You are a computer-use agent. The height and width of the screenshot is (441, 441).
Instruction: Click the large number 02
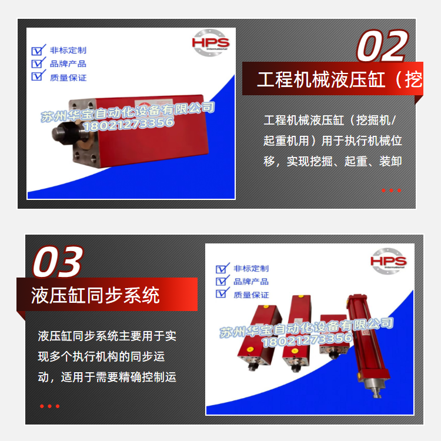click(383, 46)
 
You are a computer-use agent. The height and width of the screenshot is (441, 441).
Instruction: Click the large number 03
click(58, 262)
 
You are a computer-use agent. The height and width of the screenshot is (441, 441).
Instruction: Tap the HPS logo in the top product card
click(211, 43)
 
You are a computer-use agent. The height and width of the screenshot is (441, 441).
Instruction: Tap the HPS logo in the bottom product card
click(389, 261)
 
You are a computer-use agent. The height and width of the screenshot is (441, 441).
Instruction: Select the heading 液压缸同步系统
click(95, 295)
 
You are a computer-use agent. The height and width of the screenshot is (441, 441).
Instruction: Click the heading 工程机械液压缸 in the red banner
click(321, 79)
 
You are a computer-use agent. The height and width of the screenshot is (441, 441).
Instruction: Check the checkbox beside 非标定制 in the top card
click(38, 50)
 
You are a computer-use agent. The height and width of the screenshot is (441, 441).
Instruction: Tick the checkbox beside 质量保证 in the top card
click(38, 76)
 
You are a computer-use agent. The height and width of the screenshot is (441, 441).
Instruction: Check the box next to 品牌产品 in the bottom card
click(222, 280)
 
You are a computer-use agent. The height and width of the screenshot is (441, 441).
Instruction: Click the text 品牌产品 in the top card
click(68, 64)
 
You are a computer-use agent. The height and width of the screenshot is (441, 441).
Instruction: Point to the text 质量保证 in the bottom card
click(251, 295)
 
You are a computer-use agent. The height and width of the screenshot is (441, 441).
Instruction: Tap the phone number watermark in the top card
click(129, 123)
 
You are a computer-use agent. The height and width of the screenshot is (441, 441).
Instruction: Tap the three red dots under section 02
click(391, 191)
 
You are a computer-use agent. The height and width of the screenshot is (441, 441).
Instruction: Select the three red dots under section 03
click(50, 406)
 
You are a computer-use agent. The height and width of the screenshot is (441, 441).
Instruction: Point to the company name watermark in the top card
click(128, 112)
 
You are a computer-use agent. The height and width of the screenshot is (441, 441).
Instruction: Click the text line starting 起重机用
click(333, 141)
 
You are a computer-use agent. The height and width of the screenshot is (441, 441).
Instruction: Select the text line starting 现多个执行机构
click(101, 357)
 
